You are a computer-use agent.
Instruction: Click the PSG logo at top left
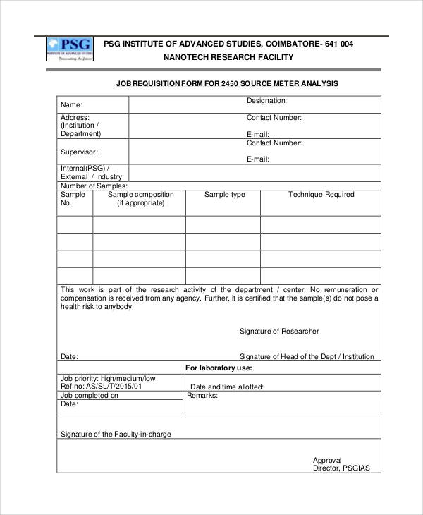click(x=70, y=50)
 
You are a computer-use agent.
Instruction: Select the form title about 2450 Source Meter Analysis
click(x=227, y=84)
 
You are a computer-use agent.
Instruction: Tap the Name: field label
click(x=72, y=105)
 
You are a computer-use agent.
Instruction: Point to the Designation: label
click(x=266, y=101)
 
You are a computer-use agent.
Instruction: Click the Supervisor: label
click(x=79, y=152)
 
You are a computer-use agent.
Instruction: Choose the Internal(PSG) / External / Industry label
click(x=91, y=173)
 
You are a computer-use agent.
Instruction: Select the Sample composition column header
click(x=140, y=198)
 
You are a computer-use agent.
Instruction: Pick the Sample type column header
click(x=225, y=195)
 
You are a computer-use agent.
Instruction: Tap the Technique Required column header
click(x=321, y=195)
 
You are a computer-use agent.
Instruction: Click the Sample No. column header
click(x=73, y=198)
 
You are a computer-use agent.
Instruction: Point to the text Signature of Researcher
click(x=279, y=331)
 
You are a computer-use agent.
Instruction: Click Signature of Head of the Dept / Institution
click(x=307, y=356)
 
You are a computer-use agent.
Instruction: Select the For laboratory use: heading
click(x=219, y=368)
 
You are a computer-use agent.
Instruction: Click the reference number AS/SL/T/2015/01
click(x=111, y=387)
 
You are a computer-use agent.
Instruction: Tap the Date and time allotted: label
click(x=227, y=387)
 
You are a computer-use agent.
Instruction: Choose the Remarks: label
click(x=202, y=396)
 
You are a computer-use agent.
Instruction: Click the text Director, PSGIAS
click(x=341, y=468)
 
